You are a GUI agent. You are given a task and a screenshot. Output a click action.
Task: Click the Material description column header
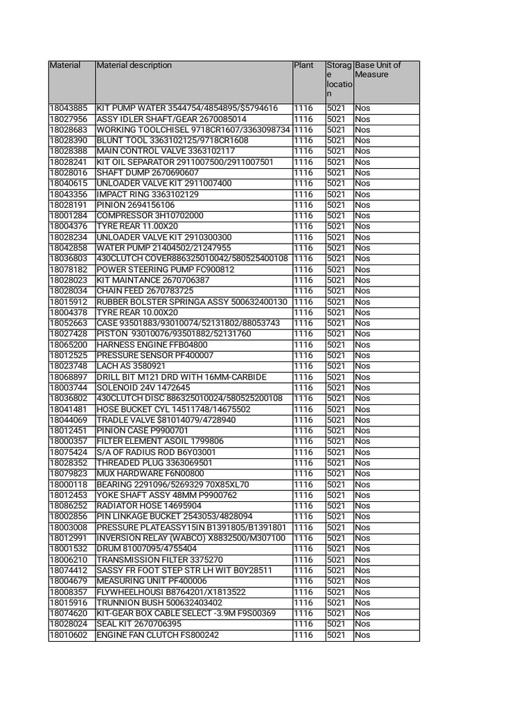(134, 66)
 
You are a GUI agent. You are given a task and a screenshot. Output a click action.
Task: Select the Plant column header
(303, 66)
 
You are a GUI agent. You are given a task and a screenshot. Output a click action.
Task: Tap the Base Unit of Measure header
(378, 70)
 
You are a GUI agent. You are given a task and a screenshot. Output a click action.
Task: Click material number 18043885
(69, 109)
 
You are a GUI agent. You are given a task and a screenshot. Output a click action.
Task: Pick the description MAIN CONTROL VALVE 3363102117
(166, 151)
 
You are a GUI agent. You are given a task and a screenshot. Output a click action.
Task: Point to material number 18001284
(69, 215)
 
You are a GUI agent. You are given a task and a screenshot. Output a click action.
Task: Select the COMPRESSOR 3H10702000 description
(150, 215)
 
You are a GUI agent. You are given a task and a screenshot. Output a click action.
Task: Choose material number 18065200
(69, 344)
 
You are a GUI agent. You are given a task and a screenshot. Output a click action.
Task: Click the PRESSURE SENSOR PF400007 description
(155, 355)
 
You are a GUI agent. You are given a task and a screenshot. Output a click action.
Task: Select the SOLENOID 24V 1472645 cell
(143, 388)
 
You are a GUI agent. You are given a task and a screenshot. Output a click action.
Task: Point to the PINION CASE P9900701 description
(142, 431)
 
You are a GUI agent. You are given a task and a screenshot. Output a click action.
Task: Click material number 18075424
(69, 452)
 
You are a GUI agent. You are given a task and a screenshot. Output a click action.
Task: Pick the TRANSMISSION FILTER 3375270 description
(159, 559)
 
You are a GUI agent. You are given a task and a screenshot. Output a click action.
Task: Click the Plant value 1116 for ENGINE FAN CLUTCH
(303, 635)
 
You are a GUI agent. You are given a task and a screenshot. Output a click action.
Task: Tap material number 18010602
(69, 635)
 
